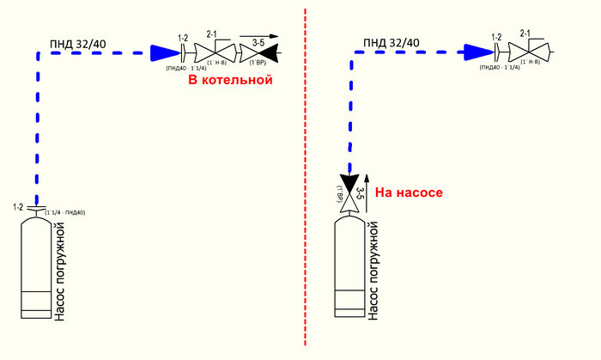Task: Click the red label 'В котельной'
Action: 230,80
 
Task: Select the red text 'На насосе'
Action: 409,192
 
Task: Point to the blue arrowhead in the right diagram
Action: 475,53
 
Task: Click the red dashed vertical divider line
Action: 306,172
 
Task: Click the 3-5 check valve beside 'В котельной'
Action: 257,52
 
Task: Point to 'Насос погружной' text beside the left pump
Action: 59,270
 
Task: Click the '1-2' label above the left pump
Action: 19,207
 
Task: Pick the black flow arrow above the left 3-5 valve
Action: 258,43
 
